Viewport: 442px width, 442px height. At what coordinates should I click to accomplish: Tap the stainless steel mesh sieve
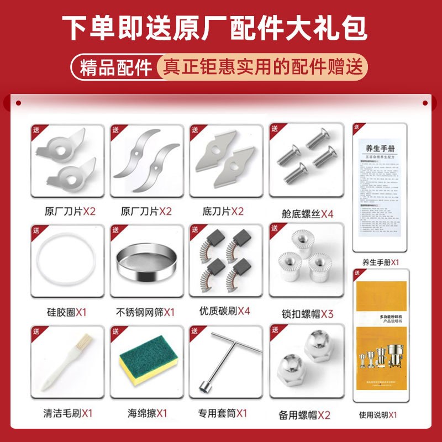[x=145, y=264]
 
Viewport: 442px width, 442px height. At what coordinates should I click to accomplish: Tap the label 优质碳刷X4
[x=225, y=311]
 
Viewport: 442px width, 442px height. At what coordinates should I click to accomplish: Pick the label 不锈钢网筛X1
[x=145, y=312]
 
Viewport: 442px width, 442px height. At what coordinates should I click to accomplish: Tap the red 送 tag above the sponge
[x=116, y=331]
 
